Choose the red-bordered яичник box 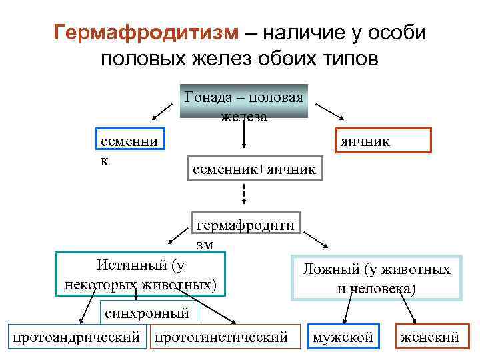point(383,141)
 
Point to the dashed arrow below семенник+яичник point(244,194)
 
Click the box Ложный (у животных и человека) point(376,278)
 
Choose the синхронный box point(149,313)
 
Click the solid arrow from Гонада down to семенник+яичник point(244,135)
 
